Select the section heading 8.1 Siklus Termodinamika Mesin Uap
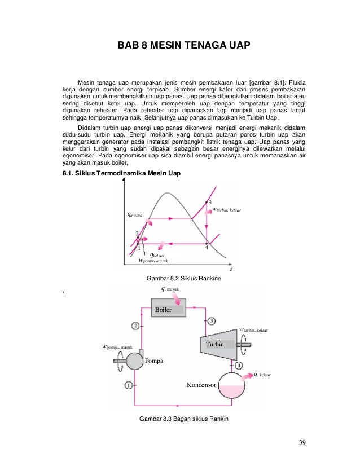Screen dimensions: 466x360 coord(121,173)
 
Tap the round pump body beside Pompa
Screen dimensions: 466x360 coord(135,360)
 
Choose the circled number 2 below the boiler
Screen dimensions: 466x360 coord(135,326)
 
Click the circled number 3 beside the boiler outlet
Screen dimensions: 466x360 coord(212,321)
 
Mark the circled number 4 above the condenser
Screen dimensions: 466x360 coord(239,366)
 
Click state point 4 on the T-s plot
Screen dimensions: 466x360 coord(207,244)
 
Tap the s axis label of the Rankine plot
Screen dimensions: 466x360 coord(231,269)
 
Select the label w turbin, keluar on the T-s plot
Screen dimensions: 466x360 coord(225,210)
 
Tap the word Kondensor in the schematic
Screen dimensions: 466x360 coord(201,385)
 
